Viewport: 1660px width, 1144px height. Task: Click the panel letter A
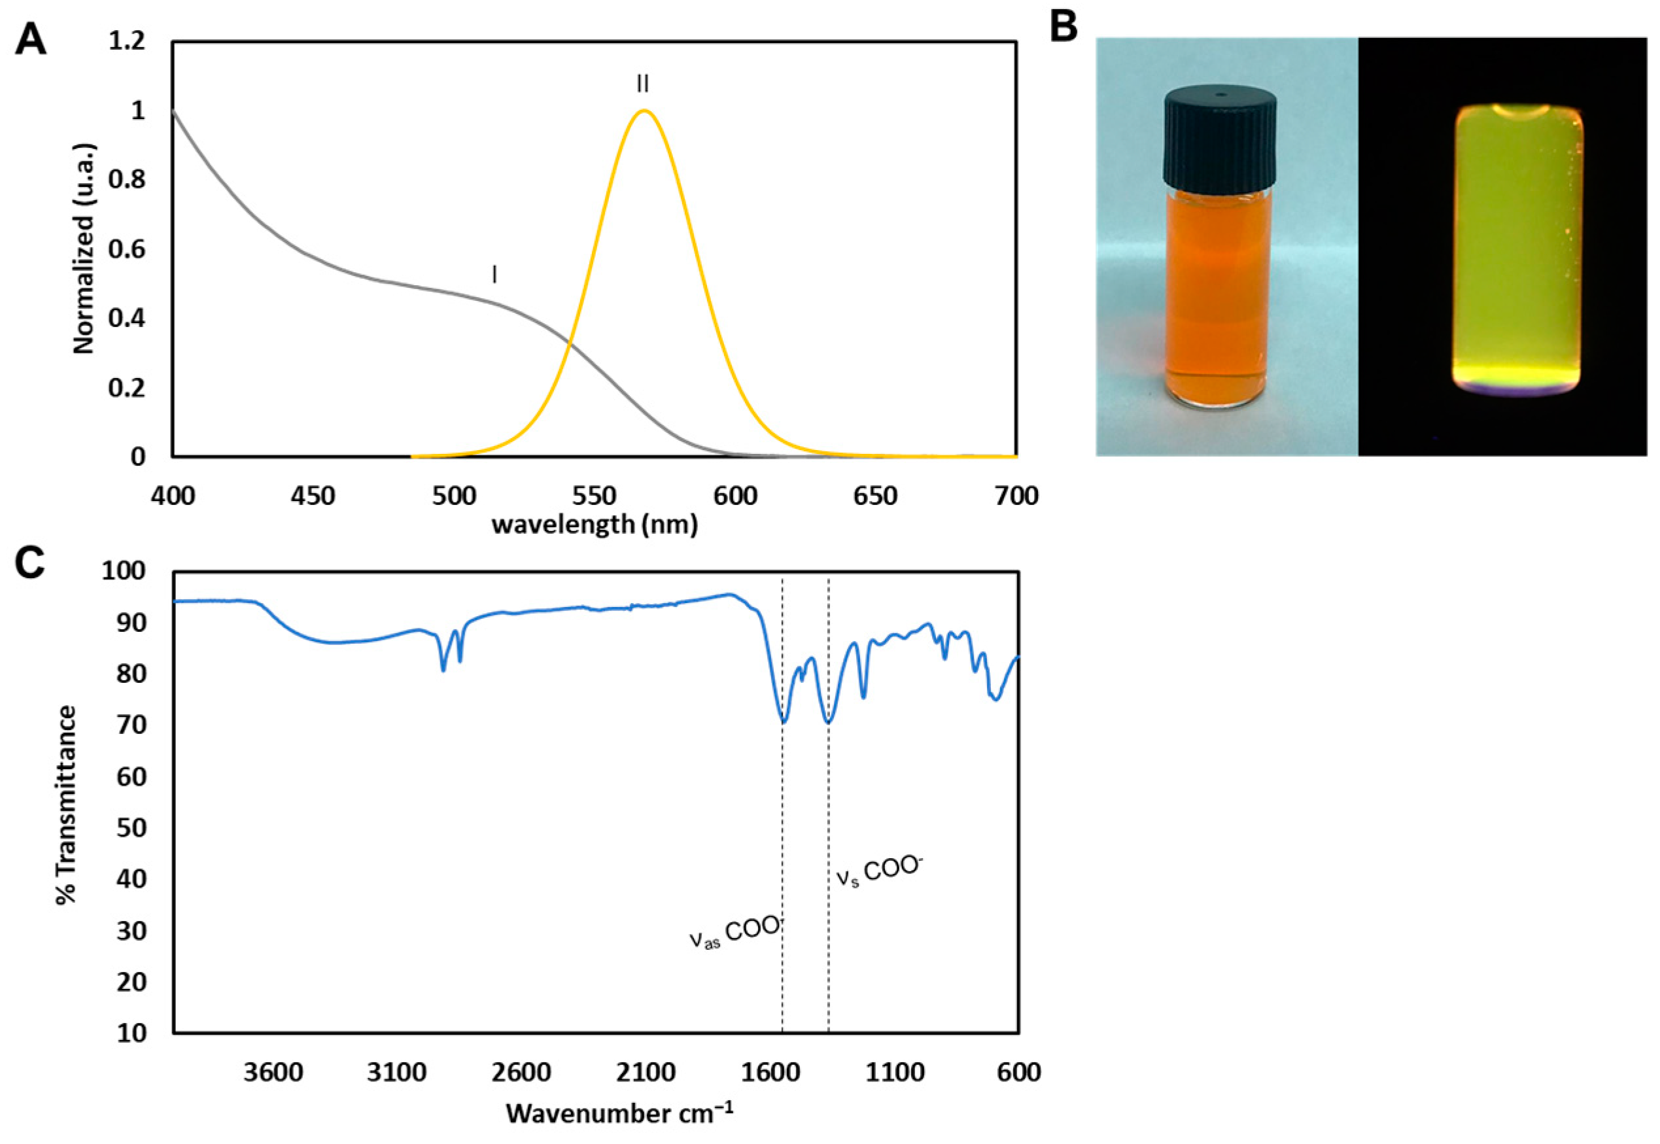click(31, 39)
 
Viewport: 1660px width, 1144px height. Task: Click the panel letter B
click(1063, 27)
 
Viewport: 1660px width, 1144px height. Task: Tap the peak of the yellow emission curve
click(644, 111)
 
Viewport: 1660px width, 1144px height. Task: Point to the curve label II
click(643, 84)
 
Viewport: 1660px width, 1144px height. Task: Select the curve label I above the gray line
click(494, 274)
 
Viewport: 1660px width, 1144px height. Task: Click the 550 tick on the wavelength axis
click(594, 496)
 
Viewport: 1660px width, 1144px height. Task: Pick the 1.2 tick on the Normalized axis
click(127, 41)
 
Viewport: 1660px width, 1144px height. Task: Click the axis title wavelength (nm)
click(594, 525)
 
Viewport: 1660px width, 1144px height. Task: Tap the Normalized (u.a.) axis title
click(84, 249)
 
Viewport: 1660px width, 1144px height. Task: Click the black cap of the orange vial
click(1219, 139)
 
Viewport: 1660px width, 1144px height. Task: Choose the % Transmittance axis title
click(66, 805)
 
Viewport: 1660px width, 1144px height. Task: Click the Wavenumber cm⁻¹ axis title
click(619, 1113)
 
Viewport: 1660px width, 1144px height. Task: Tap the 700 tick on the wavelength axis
click(1016, 496)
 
